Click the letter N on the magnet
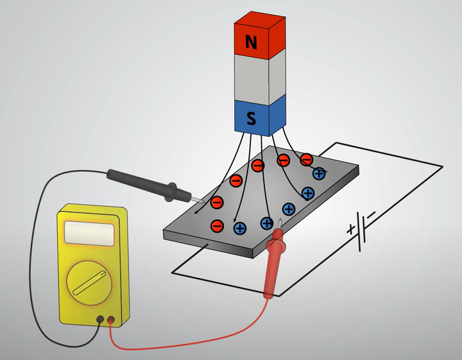click(x=251, y=42)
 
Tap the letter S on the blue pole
click(x=251, y=119)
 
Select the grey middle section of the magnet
click(x=260, y=77)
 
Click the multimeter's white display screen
click(x=89, y=234)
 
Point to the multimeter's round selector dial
click(x=89, y=283)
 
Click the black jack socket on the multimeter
click(x=100, y=320)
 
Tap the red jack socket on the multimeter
click(x=111, y=320)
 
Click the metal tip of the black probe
click(x=198, y=200)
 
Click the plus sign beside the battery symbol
click(x=350, y=229)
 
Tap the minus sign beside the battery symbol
click(x=371, y=214)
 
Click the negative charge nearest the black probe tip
click(x=217, y=202)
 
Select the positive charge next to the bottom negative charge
click(x=240, y=228)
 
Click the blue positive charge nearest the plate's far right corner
click(x=319, y=174)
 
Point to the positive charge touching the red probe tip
click(x=267, y=223)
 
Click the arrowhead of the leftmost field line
click(x=196, y=212)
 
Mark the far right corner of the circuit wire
click(x=443, y=167)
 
